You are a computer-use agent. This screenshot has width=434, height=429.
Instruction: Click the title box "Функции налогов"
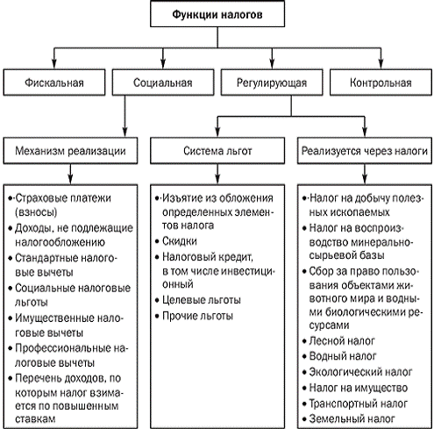point(217,14)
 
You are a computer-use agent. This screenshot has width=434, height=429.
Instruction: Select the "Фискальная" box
point(54,82)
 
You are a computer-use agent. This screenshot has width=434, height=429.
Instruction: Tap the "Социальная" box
point(163,82)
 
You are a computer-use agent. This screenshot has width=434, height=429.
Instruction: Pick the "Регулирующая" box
point(272,82)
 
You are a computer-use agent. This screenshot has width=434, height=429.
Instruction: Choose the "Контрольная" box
point(381,82)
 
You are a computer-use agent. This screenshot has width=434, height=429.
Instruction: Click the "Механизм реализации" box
point(70,151)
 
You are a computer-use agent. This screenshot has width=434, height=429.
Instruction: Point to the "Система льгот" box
point(217,151)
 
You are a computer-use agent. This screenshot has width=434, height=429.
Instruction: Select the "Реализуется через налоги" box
point(365,151)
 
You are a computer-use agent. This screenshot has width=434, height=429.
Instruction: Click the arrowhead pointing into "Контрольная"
point(381,64)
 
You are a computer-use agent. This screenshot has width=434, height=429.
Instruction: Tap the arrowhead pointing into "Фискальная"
point(54,64)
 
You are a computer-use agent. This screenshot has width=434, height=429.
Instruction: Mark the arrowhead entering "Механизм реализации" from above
point(125,132)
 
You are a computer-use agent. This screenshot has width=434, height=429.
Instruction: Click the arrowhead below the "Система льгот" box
point(217,179)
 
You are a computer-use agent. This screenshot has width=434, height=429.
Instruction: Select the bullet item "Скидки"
point(176,241)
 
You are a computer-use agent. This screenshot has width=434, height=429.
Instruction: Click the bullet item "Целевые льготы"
point(198,300)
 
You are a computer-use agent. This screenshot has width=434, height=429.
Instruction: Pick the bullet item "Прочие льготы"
point(194,316)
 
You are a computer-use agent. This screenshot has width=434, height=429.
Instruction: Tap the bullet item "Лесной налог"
point(338,341)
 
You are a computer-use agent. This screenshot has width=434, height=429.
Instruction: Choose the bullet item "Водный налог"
point(339,356)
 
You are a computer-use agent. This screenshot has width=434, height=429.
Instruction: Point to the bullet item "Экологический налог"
point(357,372)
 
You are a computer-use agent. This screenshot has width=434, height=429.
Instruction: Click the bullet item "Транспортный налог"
point(355,404)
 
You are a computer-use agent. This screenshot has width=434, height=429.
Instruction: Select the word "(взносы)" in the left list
point(36,212)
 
